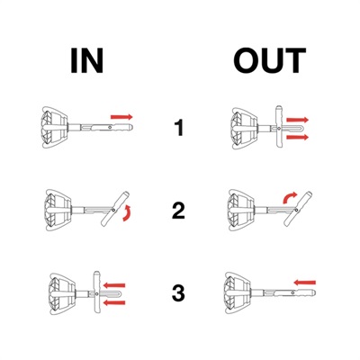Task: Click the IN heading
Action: click(x=87, y=61)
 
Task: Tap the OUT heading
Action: click(x=270, y=61)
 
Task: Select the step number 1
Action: click(x=179, y=128)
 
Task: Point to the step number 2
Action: click(x=178, y=211)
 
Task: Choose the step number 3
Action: click(x=178, y=293)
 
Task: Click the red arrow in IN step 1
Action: click(x=121, y=117)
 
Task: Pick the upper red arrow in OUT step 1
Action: click(x=297, y=120)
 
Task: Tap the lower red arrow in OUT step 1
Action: click(x=297, y=138)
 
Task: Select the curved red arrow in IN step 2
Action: click(x=128, y=213)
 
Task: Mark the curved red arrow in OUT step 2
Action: click(x=289, y=197)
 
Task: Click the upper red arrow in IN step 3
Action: click(x=114, y=285)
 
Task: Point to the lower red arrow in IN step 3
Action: click(x=114, y=302)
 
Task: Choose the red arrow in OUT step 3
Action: click(x=305, y=283)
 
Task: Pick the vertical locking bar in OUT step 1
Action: click(x=279, y=127)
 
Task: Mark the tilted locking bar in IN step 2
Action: click(x=115, y=208)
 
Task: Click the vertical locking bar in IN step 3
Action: click(x=96, y=292)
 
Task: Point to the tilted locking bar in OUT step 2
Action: click(x=298, y=208)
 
